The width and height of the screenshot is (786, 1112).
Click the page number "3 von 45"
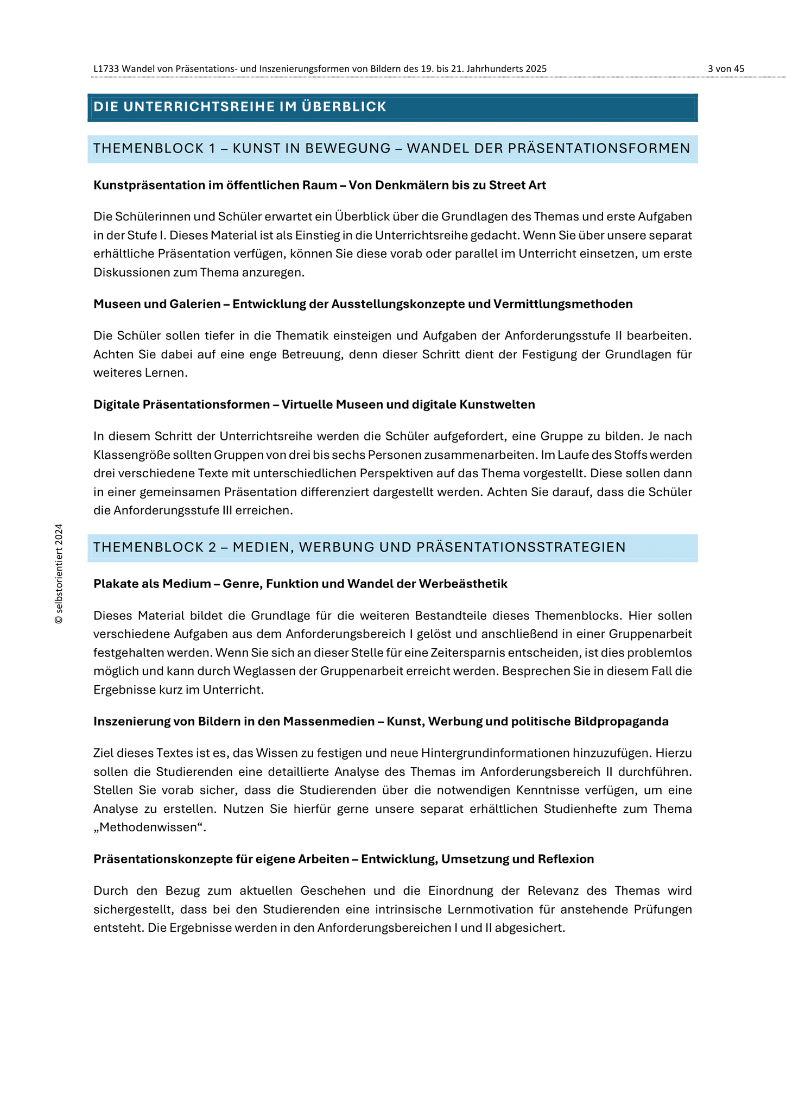(726, 69)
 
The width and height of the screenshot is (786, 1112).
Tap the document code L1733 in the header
(106, 69)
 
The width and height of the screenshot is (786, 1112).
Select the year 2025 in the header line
(536, 69)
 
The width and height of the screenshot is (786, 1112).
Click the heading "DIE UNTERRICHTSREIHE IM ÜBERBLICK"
(240, 107)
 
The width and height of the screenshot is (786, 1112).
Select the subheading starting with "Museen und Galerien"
(363, 304)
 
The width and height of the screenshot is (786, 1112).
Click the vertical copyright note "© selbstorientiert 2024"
(59, 574)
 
